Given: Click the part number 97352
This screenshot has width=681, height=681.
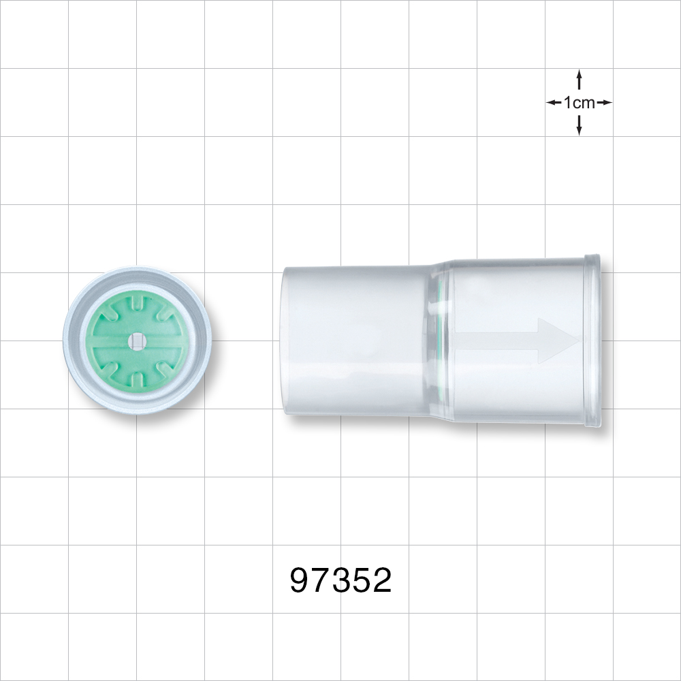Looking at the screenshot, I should [x=340, y=580].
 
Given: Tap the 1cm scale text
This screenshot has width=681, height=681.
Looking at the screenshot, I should [x=579, y=103].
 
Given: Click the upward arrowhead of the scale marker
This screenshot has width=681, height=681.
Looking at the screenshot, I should [x=579, y=74].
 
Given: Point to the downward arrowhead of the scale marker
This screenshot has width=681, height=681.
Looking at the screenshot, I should [x=579, y=130].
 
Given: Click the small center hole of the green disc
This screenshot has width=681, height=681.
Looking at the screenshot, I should [x=138, y=340].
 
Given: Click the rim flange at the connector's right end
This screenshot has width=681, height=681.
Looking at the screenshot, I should [x=592, y=340].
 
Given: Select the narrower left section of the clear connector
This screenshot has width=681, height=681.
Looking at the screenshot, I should [x=354, y=340].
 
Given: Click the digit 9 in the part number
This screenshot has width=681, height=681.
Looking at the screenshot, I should [x=300, y=580].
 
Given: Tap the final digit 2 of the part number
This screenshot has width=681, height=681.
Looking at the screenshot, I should [x=381, y=580].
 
